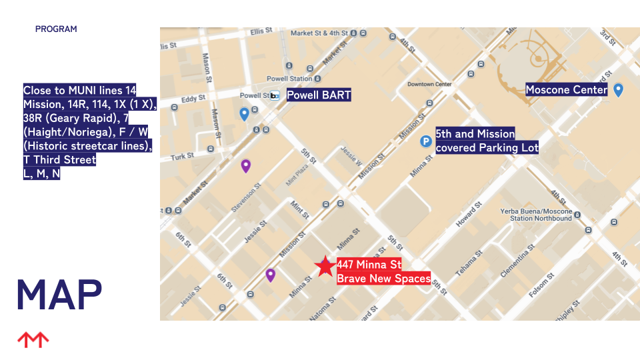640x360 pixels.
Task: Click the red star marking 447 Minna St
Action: [325, 266]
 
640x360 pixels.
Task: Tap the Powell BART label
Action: [318, 95]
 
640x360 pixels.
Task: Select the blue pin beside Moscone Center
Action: [618, 90]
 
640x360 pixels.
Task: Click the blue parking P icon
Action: [425, 141]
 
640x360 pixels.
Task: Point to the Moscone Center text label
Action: [566, 90]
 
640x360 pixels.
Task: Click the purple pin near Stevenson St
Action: [245, 166]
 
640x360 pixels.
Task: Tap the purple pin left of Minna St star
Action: [270, 275]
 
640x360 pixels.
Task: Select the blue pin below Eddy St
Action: [244, 114]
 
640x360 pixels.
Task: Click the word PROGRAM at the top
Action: [56, 29]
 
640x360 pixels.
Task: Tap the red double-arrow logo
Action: [33, 340]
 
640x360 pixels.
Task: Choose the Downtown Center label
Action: [429, 85]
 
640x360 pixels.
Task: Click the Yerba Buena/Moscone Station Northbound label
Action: [537, 215]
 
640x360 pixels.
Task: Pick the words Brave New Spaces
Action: [383, 279]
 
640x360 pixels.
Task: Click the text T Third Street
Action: [60, 160]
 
